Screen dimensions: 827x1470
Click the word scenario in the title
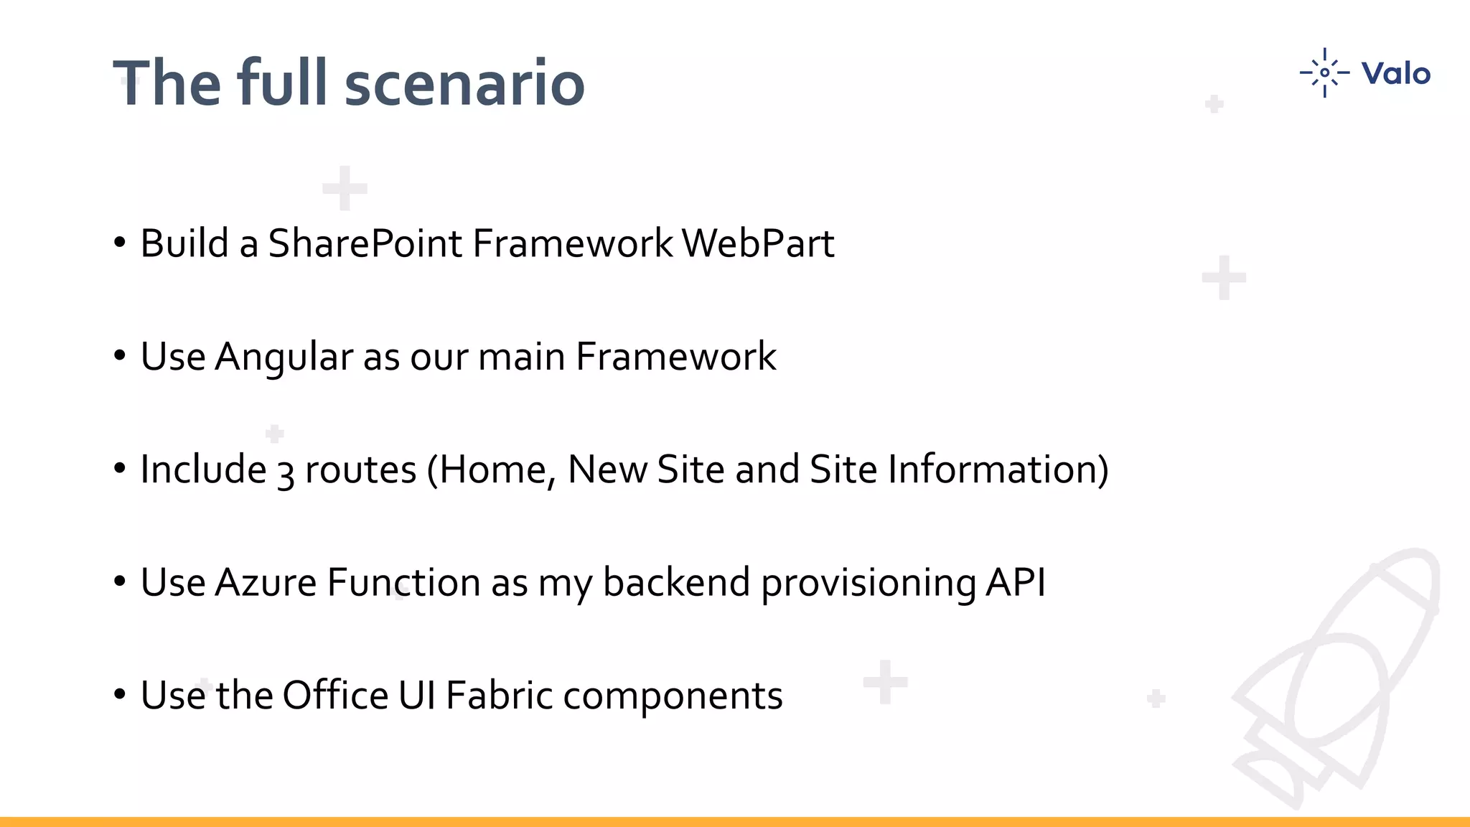pos(464,84)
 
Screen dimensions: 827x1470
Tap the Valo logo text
pos(1395,74)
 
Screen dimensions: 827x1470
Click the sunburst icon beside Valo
pos(1324,73)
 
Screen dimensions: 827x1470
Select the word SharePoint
pos(365,243)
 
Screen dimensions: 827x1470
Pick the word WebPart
pos(758,243)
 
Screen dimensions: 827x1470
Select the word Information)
pos(998,469)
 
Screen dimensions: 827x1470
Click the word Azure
pos(266,582)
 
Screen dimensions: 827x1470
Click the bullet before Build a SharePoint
pos(120,243)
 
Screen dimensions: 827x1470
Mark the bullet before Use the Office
pos(120,695)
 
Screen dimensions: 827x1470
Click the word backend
pos(676,582)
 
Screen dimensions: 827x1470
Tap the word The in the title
pos(167,84)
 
